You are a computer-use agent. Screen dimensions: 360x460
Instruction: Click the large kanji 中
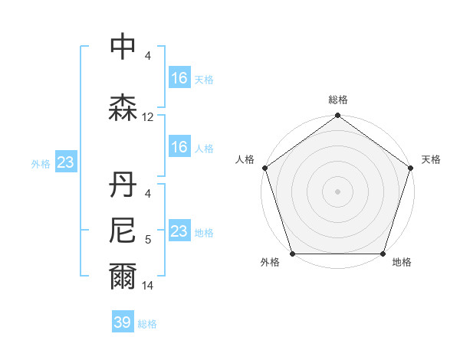123,48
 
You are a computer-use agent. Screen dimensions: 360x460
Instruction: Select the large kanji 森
123,108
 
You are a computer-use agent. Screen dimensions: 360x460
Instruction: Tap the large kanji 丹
123,185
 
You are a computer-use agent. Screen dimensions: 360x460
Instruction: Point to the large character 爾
123,277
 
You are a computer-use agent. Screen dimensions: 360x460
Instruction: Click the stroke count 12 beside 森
148,117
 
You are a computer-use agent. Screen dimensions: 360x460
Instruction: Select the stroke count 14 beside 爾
148,286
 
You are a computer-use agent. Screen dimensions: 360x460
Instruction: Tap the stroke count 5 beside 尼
148,239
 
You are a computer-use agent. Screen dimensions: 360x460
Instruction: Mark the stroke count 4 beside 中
148,57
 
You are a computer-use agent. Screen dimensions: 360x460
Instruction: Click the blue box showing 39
123,322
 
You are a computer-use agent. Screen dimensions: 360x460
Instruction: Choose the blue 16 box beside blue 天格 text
179,78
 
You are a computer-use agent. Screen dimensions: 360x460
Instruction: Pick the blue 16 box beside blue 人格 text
179,147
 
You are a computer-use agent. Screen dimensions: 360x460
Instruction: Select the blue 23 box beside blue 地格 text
179,231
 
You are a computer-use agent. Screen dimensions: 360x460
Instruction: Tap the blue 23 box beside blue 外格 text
64,162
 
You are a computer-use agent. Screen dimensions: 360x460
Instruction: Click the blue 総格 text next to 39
147,323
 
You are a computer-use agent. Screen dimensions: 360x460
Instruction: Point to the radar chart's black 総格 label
337,100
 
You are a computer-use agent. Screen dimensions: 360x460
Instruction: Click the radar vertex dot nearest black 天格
411,168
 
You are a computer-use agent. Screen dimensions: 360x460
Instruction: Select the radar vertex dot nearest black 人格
264,168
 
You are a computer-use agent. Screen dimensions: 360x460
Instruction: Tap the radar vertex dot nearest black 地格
383,254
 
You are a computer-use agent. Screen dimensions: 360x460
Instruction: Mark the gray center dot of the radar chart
337,191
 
